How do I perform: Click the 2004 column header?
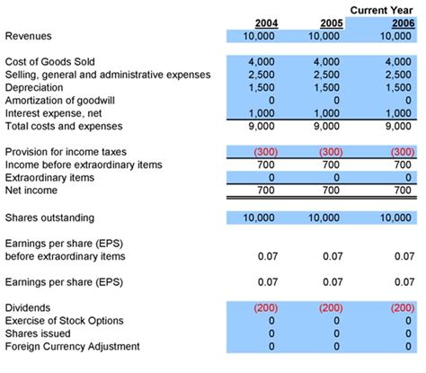[266, 22]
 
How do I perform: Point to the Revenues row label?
[29, 36]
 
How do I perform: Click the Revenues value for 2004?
[261, 36]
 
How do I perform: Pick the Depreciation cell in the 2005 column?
[325, 87]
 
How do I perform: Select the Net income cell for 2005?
[332, 191]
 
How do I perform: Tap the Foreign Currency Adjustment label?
[72, 346]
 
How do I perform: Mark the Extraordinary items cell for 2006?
[409, 179]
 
